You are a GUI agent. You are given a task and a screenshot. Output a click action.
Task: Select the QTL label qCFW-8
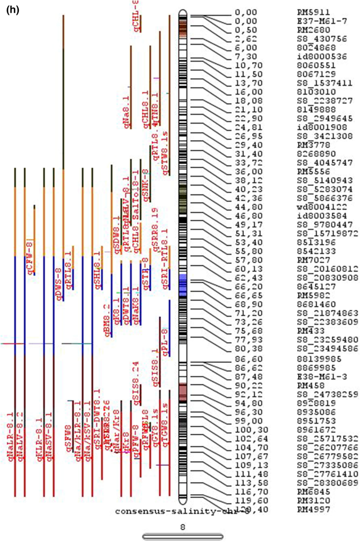click(30, 258)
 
